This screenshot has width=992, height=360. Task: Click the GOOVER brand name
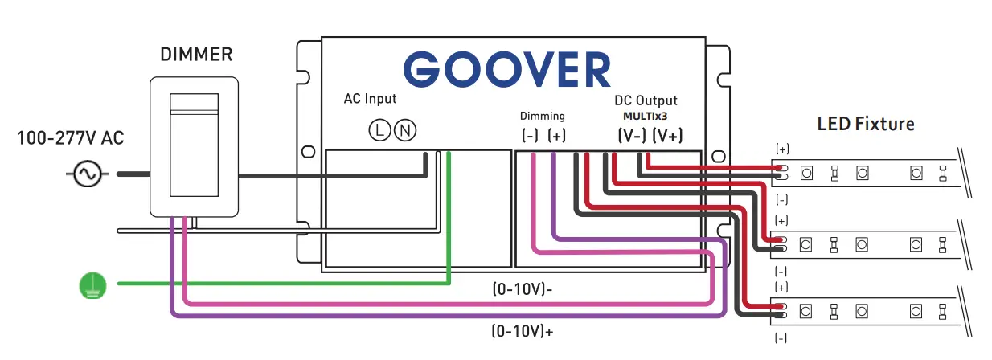[x=507, y=70]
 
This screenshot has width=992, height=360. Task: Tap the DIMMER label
[x=196, y=55]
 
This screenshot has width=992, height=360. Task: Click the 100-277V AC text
[x=71, y=140]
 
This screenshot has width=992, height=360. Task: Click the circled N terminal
[x=407, y=129]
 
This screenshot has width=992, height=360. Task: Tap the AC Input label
[x=370, y=99]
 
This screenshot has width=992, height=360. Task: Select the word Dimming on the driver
[x=543, y=116]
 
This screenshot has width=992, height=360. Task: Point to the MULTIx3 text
[x=646, y=116]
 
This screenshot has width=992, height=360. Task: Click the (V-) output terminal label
[x=631, y=136]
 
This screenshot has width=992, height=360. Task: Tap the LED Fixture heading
[x=866, y=125]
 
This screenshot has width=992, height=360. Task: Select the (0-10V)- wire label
[x=522, y=288]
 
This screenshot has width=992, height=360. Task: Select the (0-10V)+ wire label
[x=522, y=329]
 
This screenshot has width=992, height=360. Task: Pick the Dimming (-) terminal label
[x=530, y=136]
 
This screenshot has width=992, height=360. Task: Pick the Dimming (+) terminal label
[x=556, y=136]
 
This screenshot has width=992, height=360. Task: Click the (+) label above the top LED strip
[x=781, y=149]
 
